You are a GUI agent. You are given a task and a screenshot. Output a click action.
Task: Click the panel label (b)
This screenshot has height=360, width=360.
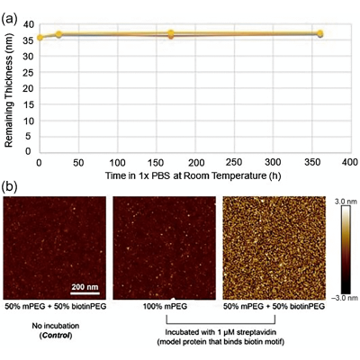tap(9, 186)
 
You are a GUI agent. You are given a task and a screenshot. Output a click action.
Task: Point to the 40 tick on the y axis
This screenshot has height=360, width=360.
tap(28, 24)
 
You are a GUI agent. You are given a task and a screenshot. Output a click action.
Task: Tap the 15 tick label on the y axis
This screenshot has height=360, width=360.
tap(28, 105)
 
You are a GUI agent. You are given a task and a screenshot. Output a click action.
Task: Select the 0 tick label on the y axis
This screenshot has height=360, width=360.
tap(28, 151)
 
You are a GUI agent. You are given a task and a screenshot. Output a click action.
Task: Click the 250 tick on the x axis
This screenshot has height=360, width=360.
tap(233, 162)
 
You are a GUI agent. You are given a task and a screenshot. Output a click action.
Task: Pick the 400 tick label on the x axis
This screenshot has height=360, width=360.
tap(349, 162)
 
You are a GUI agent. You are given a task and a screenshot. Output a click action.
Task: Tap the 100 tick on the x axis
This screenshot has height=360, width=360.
tap(117, 162)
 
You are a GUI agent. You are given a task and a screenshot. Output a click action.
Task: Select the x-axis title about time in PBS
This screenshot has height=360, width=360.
tap(193, 175)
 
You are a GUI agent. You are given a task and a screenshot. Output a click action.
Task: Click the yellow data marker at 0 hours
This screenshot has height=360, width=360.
tap(40, 38)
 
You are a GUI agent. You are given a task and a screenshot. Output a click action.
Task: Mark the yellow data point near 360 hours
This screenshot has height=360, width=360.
tap(320, 33)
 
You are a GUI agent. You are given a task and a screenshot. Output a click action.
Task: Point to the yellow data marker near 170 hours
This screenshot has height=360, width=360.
tap(171, 32)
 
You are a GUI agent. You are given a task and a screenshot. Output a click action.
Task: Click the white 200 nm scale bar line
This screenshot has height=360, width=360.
tap(85, 292)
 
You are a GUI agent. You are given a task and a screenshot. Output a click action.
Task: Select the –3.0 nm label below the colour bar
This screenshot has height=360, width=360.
tap(346, 298)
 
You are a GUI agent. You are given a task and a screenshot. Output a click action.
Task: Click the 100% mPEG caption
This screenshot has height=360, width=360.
tap(165, 306)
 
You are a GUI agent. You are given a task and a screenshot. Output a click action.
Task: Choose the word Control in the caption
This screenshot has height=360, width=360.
tap(56, 335)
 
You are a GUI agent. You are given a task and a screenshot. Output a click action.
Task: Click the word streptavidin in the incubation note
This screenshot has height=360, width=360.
tap(257, 332)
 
